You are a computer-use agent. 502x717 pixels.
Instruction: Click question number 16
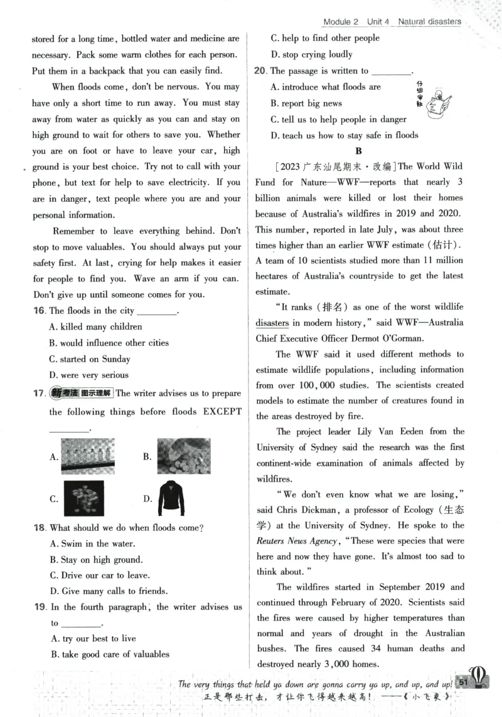coord(39,311)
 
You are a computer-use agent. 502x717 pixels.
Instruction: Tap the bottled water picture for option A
coord(88,456)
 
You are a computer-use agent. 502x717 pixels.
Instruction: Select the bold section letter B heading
coord(359,150)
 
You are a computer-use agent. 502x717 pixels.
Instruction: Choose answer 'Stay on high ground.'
coord(95,560)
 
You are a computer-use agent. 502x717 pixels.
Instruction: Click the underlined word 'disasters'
coord(272,323)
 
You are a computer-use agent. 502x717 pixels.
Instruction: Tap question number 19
coord(39,607)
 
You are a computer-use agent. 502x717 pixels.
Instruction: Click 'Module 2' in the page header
coord(340,21)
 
